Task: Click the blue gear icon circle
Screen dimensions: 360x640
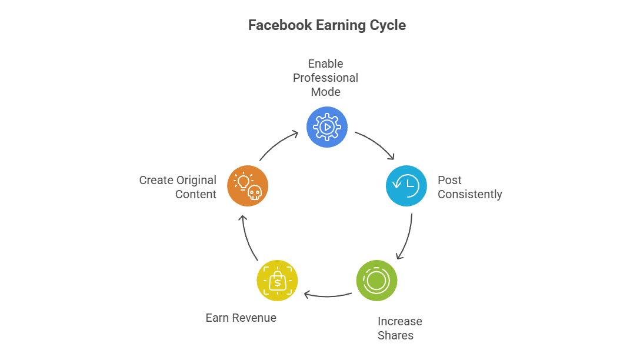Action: [327, 127]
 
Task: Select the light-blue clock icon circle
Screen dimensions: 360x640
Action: [406, 186]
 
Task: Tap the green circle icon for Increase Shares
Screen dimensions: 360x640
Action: [376, 280]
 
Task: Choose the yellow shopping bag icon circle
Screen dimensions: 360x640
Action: [277, 281]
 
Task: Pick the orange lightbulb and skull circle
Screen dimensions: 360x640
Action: [248, 186]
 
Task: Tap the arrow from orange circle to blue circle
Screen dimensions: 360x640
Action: [279, 145]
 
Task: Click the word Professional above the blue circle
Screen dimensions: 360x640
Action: [325, 78]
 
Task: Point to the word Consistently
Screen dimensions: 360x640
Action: [469, 195]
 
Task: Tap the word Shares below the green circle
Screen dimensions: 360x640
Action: [395, 336]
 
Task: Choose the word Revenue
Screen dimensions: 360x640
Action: [254, 318]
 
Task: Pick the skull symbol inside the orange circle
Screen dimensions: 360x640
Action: [254, 192]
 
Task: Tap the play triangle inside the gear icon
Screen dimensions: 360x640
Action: [328, 127]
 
